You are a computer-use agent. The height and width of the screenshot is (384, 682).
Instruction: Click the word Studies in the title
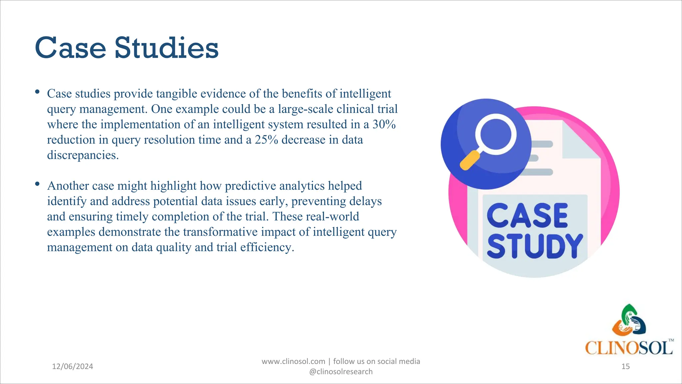(x=167, y=48)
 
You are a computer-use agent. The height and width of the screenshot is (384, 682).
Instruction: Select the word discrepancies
(x=83, y=155)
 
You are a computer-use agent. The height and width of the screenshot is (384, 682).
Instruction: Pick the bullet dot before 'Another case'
(x=37, y=184)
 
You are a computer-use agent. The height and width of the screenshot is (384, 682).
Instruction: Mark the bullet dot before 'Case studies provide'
(x=37, y=92)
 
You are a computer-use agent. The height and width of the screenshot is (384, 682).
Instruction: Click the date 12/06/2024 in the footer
(x=73, y=366)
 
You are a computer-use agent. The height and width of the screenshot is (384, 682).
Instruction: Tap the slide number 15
(x=625, y=366)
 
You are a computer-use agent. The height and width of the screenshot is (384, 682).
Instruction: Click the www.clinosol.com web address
(x=293, y=361)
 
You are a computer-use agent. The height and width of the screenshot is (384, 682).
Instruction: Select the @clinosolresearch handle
(x=341, y=372)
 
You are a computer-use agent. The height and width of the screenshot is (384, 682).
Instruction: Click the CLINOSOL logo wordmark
(x=629, y=348)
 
